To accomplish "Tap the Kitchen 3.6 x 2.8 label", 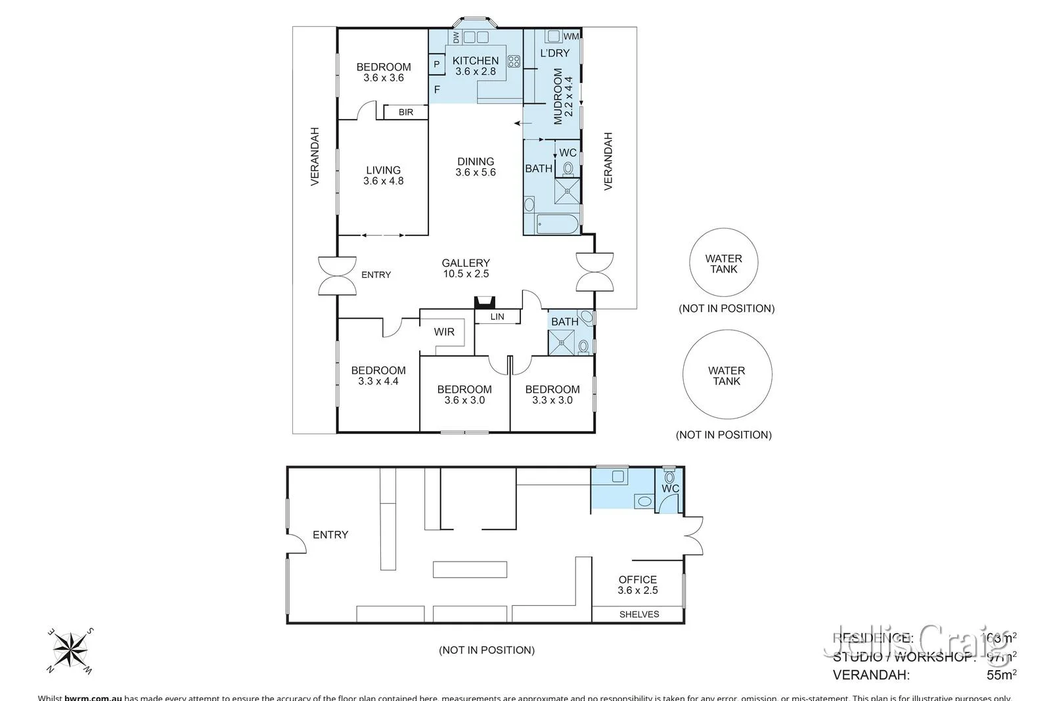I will click(x=476, y=66).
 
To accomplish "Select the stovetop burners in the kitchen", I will click(x=514, y=61).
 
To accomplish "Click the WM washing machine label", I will click(x=571, y=37).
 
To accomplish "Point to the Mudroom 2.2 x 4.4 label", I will click(x=563, y=96).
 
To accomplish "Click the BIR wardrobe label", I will click(x=406, y=112).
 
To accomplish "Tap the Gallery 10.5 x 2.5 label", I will click(x=466, y=268).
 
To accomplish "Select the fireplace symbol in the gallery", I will click(x=485, y=302).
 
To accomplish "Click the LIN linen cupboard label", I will click(x=497, y=317).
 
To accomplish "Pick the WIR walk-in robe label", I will click(x=444, y=332).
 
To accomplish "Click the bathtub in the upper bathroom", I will click(x=557, y=225).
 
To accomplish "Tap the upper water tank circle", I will click(x=724, y=263).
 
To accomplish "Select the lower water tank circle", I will click(x=727, y=375).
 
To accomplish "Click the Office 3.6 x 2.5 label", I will click(x=637, y=585).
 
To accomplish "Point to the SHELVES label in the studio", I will click(x=639, y=614).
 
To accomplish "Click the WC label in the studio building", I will click(x=670, y=489).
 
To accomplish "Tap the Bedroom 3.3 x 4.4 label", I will click(x=378, y=375).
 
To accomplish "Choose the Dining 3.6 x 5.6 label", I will click(x=476, y=166).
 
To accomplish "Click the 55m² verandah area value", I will click(x=1001, y=674).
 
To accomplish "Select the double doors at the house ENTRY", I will click(x=337, y=275).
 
